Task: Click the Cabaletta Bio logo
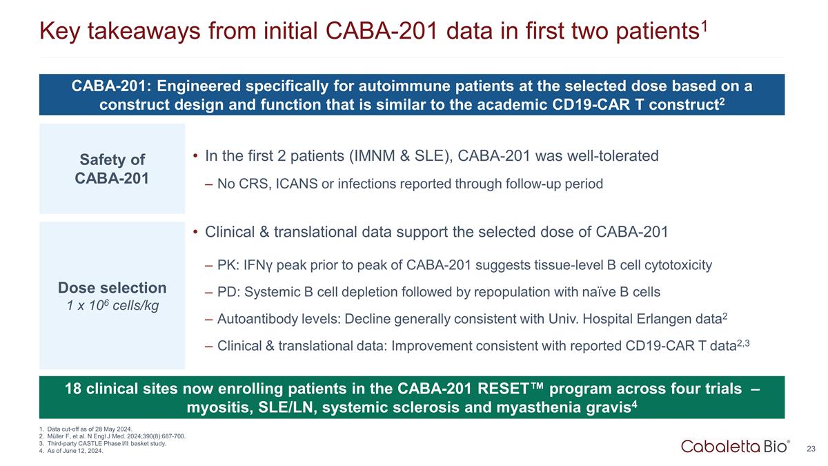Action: (x=736, y=447)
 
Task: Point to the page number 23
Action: (x=811, y=449)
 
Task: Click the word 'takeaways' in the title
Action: (x=144, y=31)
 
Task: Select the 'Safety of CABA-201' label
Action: (x=112, y=169)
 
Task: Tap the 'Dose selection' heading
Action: (x=112, y=288)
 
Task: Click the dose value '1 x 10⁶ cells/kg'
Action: (x=112, y=305)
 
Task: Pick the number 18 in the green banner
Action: (x=73, y=389)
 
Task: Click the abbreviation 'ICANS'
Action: (x=297, y=184)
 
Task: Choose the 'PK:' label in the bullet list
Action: (x=228, y=265)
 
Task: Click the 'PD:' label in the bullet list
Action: (x=229, y=292)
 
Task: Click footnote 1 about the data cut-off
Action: (x=86, y=429)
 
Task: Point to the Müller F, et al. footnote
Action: (x=112, y=436)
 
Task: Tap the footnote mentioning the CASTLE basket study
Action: (x=103, y=443)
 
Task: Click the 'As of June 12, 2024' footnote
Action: (x=71, y=451)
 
